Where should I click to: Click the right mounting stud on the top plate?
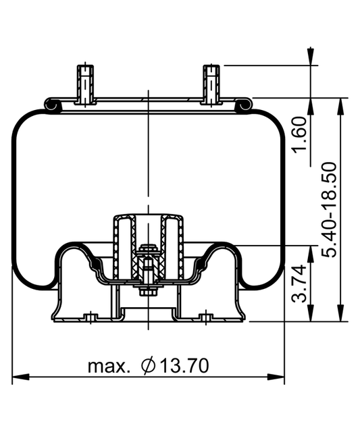(212, 83)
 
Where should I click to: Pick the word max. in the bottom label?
(109, 367)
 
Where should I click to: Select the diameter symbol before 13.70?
(149, 366)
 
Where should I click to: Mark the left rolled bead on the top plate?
(51, 104)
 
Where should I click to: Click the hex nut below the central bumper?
(148, 292)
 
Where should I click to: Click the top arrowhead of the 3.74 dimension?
(311, 250)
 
